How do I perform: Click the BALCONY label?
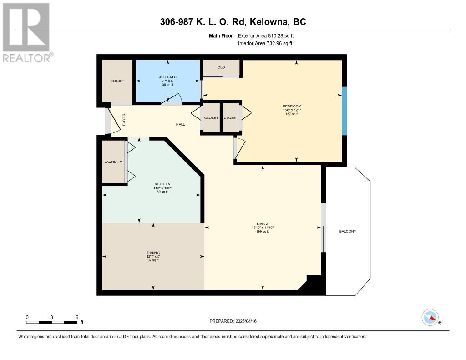pyautogui.click(x=348, y=231)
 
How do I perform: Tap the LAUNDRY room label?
pyautogui.click(x=113, y=162)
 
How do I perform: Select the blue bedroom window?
pyautogui.click(x=344, y=111)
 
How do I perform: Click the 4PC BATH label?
pyautogui.click(x=167, y=77)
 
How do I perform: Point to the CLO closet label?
pyautogui.click(x=221, y=67)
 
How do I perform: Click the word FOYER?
pyautogui.click(x=124, y=120)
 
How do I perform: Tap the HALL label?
pyautogui.click(x=180, y=124)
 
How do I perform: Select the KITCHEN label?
pyautogui.click(x=162, y=184)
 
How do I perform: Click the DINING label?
pyautogui.click(x=153, y=253)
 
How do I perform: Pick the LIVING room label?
pyautogui.click(x=263, y=224)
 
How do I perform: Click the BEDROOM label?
pyautogui.click(x=292, y=106)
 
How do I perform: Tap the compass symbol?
pyautogui.click(x=431, y=318)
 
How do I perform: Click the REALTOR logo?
pyautogui.click(x=27, y=32)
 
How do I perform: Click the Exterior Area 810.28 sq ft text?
pyautogui.click(x=266, y=35)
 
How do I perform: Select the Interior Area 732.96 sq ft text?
pyautogui.click(x=265, y=43)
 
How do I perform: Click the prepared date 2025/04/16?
pyautogui.click(x=246, y=321)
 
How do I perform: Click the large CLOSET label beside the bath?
pyautogui.click(x=117, y=81)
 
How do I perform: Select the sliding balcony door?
pyautogui.click(x=324, y=228)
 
